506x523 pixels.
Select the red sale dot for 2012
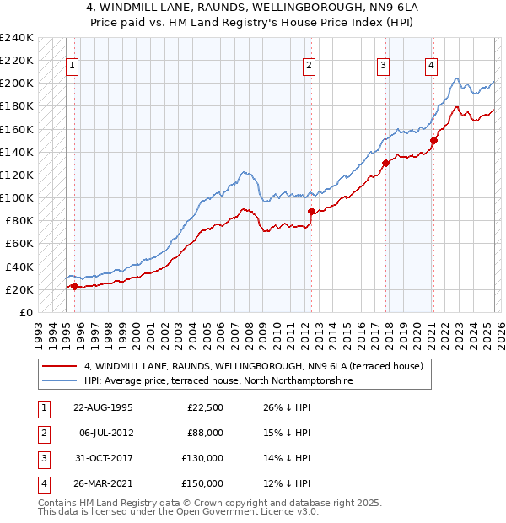click(311, 211)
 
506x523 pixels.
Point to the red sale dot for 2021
click(433, 140)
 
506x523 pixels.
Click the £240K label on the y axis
click(17, 38)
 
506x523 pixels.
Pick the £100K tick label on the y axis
click(17, 197)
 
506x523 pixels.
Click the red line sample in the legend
click(60, 366)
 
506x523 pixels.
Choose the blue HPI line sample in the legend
click(60, 381)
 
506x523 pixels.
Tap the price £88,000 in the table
click(203, 433)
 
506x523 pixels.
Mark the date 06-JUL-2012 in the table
click(105, 433)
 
